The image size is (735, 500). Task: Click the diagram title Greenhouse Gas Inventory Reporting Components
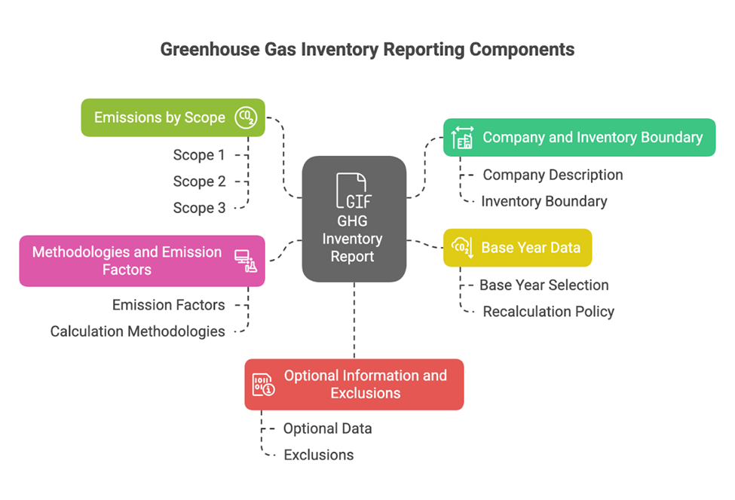click(367, 50)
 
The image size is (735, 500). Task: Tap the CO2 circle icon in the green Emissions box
click(245, 117)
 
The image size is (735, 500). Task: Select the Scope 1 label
click(199, 155)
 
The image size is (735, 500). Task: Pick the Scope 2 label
click(199, 181)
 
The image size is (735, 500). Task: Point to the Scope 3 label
click(199, 208)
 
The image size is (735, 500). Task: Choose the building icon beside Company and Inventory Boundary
click(462, 138)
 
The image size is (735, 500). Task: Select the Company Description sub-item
click(553, 175)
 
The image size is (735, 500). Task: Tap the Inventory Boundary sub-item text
click(544, 201)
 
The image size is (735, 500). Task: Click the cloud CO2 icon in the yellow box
click(461, 247)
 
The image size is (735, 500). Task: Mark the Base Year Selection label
click(544, 285)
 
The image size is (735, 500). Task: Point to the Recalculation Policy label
click(548, 312)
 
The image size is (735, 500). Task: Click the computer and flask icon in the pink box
click(246, 261)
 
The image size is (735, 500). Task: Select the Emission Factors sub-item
click(168, 305)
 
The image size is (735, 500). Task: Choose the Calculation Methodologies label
click(137, 331)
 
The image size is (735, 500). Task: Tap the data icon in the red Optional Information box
click(263, 384)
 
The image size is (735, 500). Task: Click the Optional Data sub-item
click(327, 428)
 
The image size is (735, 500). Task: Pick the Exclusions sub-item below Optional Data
click(318, 455)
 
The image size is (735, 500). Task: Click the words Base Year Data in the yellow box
click(531, 247)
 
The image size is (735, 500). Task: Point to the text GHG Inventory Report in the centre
click(353, 239)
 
